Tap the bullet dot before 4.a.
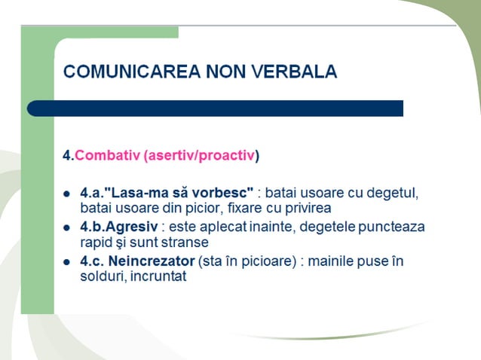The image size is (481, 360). (66, 193)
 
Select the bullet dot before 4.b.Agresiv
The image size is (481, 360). (66, 227)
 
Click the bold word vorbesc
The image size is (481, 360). (224, 192)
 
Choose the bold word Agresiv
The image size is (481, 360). (135, 227)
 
